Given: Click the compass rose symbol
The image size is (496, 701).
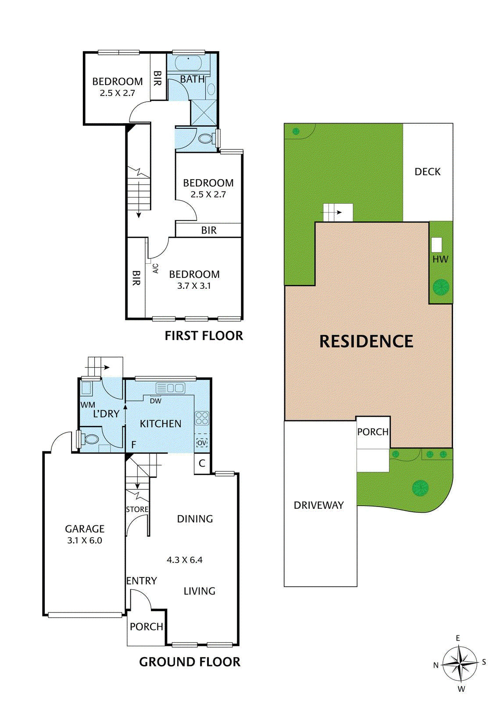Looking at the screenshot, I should (459, 663).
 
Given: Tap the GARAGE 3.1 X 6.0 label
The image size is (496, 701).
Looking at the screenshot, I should (85, 534).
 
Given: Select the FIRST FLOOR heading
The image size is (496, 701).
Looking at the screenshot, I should (203, 336).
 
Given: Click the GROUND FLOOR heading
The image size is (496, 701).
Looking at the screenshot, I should (189, 662).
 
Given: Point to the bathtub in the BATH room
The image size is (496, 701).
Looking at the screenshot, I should (189, 63).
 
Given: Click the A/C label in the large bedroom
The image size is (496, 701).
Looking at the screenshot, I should (155, 269).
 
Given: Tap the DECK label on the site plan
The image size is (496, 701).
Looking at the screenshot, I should (428, 172).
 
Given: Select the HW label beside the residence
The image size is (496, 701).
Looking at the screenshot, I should (440, 259).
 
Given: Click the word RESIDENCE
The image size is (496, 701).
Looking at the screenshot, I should (366, 341).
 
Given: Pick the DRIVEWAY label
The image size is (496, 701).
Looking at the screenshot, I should (318, 505).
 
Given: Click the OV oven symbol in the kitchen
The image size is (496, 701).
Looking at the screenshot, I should (202, 443).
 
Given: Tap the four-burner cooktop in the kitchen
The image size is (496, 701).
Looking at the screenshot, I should (202, 418).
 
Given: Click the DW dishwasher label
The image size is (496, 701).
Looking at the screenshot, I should (156, 401).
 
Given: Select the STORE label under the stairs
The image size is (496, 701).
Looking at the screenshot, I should (137, 509).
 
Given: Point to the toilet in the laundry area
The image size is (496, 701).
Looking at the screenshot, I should (91, 439).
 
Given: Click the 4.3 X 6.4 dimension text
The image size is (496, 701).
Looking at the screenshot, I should (185, 559).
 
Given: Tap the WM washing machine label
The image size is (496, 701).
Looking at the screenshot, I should (88, 405).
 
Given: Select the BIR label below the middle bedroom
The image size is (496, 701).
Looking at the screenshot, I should (209, 230).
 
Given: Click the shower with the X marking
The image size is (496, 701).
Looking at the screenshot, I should (203, 113).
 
